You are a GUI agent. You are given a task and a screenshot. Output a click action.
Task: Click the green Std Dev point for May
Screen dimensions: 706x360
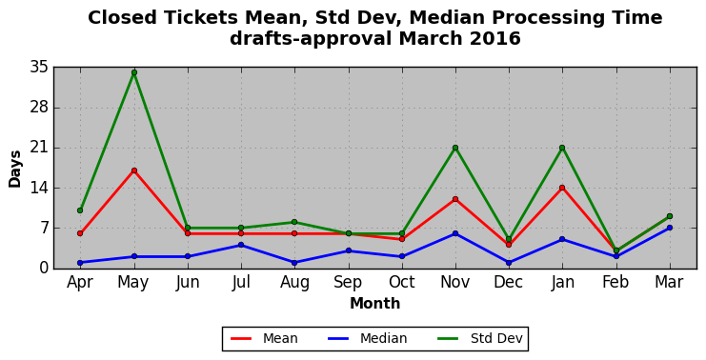[134, 72]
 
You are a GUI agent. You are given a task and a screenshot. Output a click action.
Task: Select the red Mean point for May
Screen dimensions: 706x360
[134, 170]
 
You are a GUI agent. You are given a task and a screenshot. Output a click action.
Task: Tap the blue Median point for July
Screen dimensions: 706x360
[241, 245]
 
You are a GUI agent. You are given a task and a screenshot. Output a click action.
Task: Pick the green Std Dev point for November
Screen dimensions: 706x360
[455, 148]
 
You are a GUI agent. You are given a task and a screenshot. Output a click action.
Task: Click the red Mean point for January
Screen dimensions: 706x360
[562, 188]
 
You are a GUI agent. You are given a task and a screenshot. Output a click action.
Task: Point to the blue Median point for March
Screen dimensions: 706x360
[670, 228]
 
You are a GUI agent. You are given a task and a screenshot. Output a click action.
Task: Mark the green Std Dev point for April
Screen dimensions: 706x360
[80, 210]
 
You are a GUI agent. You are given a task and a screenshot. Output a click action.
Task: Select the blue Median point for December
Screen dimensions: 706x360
[509, 262]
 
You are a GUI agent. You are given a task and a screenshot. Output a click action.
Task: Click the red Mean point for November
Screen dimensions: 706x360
[455, 199]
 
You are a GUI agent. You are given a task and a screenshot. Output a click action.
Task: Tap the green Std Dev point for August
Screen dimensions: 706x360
[294, 222]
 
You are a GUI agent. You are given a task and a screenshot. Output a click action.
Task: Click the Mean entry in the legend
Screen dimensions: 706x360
[264, 338]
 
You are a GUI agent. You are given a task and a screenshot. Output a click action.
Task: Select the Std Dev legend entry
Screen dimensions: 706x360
[480, 338]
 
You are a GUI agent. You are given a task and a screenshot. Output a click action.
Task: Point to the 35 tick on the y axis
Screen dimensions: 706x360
[39, 68]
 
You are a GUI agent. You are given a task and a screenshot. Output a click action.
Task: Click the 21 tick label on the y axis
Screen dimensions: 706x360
[39, 148]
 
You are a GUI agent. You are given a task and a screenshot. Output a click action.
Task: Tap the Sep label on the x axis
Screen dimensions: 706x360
[348, 282]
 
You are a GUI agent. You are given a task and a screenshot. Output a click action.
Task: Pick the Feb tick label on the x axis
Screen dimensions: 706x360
[615, 282]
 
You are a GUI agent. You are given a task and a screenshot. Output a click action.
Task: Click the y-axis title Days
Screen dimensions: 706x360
[15, 169]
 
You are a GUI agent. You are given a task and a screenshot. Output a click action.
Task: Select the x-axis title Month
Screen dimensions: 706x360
[375, 303]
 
